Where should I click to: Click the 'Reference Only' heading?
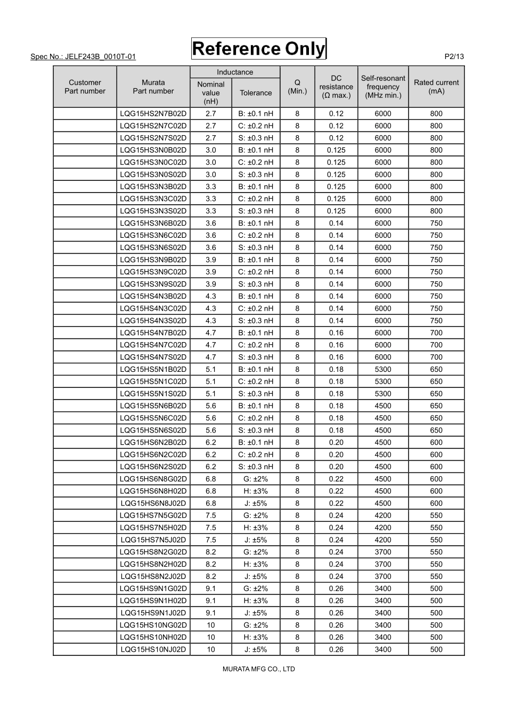[258, 49]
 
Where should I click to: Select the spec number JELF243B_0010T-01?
[83, 56]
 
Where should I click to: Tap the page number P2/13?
[454, 56]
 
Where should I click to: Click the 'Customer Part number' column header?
[85, 87]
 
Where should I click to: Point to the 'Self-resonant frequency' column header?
[383, 87]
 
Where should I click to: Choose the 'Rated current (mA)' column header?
[436, 87]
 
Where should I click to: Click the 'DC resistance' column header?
[336, 87]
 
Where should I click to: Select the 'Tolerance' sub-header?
[256, 93]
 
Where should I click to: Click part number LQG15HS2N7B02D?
[153, 113]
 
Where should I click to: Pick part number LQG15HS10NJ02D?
[153, 650]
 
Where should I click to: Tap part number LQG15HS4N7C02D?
[153, 345]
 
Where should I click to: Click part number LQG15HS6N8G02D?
[153, 479]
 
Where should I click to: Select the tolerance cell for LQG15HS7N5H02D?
[256, 528]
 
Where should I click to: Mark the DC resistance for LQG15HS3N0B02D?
[336, 150]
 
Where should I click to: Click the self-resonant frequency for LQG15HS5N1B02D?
[383, 369]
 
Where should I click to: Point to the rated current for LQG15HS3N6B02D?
[436, 223]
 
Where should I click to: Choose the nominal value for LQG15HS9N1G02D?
[211, 588]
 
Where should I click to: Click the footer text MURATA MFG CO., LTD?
[258, 669]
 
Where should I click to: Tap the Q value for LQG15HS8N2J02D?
[297, 576]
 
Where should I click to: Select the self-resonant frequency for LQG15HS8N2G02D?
[383, 552]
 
